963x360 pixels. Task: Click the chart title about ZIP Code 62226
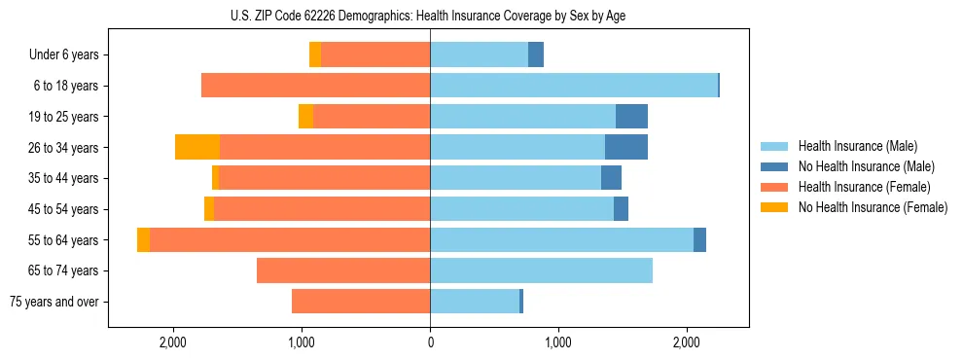[428, 17]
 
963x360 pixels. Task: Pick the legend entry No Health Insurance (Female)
[873, 207]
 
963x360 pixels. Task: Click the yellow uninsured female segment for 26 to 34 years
[197, 147]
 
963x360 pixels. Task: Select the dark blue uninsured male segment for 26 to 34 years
[626, 147]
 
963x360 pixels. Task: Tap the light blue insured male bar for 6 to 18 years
[574, 86]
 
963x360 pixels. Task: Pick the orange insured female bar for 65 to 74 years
[343, 270]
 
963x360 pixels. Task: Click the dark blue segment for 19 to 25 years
[631, 117]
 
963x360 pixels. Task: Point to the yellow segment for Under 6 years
[315, 55]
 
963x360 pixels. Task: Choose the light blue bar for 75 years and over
[475, 302]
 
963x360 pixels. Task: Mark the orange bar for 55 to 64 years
[290, 240]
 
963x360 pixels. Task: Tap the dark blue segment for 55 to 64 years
[699, 240]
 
